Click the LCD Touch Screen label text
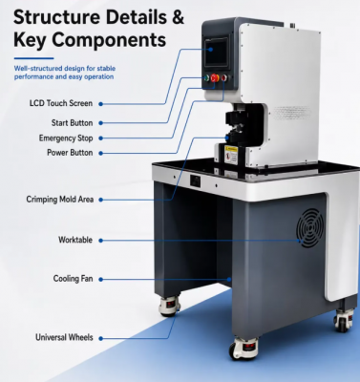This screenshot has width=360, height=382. (61, 103)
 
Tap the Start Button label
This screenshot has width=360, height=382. (72, 123)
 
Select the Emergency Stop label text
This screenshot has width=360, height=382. (66, 138)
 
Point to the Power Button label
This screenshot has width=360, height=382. (70, 153)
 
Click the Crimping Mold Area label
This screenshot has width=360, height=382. (60, 200)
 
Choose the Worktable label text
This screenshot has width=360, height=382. (75, 240)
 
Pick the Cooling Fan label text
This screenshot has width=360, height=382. (73, 279)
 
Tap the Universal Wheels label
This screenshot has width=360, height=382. (64, 337)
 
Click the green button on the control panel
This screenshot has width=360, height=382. (206, 78)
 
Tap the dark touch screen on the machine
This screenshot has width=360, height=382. (217, 53)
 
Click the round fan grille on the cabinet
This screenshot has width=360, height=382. (310, 228)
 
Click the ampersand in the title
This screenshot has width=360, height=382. (178, 17)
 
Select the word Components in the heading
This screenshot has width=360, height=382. (109, 40)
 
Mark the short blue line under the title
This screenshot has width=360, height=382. (33, 58)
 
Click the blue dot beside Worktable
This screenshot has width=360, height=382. (100, 241)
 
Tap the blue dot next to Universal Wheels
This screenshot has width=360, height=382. (100, 338)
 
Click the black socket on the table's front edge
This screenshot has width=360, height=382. (195, 180)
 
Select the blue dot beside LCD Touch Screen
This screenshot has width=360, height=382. (100, 104)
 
